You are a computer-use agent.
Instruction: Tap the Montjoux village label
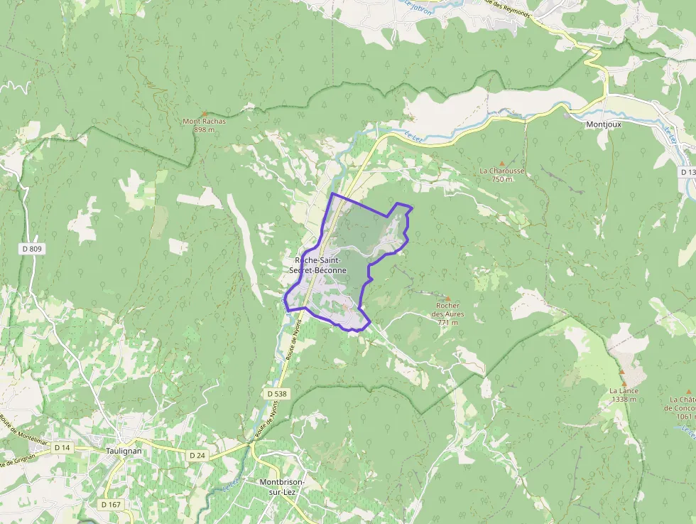click(x=603, y=124)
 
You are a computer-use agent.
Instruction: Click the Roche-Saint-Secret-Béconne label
click(x=317, y=265)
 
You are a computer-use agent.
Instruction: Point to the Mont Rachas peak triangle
click(x=205, y=114)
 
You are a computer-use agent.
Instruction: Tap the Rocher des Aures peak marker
click(x=447, y=298)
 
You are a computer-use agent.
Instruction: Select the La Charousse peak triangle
click(x=502, y=164)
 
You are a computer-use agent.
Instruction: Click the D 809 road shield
click(x=32, y=248)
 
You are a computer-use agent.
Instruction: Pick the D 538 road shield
click(x=278, y=393)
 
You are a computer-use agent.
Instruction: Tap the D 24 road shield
click(x=197, y=454)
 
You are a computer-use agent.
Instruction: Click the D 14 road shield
click(x=62, y=447)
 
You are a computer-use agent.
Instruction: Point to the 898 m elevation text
click(x=205, y=129)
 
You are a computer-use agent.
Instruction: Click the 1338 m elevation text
click(x=623, y=399)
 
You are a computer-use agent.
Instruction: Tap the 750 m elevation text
click(x=502, y=179)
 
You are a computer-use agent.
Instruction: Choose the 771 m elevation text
click(x=447, y=322)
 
